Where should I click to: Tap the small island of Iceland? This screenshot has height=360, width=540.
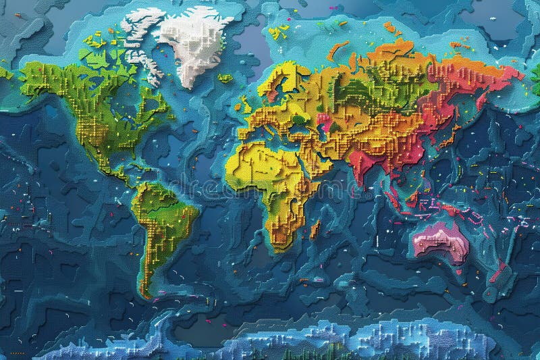[x=226, y=78]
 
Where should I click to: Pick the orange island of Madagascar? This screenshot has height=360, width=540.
[x=315, y=230]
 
